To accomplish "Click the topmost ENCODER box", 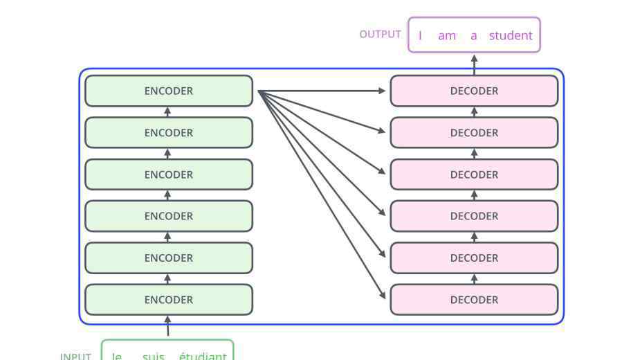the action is (169, 91).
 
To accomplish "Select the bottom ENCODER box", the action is (169, 300).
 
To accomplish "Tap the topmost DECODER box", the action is (474, 91).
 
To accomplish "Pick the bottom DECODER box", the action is (474, 300).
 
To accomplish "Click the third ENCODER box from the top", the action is (169, 174).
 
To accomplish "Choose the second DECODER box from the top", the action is (474, 132).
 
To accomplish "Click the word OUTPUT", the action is (380, 35).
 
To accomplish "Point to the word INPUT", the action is (75, 356).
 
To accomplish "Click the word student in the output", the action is (511, 35).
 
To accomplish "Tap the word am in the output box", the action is (447, 36).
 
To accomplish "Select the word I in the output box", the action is (420, 35).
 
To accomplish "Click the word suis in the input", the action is (154, 356).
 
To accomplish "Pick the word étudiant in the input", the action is (203, 356).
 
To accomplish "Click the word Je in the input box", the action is (117, 356).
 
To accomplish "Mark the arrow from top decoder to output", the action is (475, 65).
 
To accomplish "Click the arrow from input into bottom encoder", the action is (168, 326).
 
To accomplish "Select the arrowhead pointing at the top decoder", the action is (382, 91).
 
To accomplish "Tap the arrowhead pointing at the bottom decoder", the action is (383, 295).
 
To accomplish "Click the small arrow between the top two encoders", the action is (167, 112).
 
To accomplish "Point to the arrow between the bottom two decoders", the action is (474, 279).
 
